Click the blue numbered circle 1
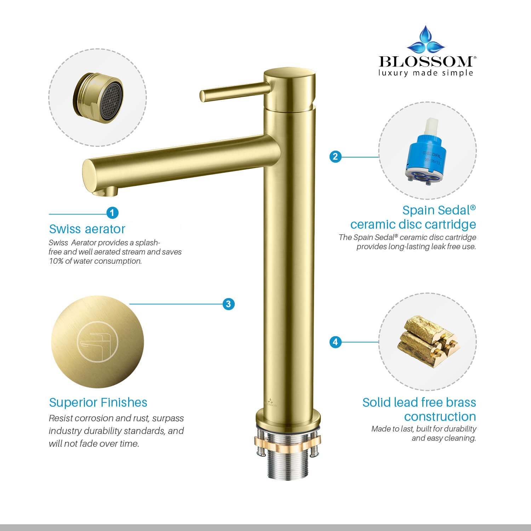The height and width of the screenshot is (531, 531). (112, 213)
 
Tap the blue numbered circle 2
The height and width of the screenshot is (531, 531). (335, 156)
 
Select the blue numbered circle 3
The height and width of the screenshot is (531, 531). (228, 304)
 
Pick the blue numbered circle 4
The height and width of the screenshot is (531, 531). (335, 342)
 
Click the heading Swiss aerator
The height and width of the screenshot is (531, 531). (87, 229)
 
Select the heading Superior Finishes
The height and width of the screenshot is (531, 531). (98, 402)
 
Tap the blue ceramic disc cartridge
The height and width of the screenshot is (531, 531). (426, 152)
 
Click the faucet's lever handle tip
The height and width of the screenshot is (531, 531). (202, 96)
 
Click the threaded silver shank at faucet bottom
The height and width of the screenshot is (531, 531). (287, 464)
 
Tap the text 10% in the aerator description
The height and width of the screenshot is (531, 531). (56, 261)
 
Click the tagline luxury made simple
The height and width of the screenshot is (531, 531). (426, 73)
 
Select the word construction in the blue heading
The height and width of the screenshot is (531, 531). (440, 417)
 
